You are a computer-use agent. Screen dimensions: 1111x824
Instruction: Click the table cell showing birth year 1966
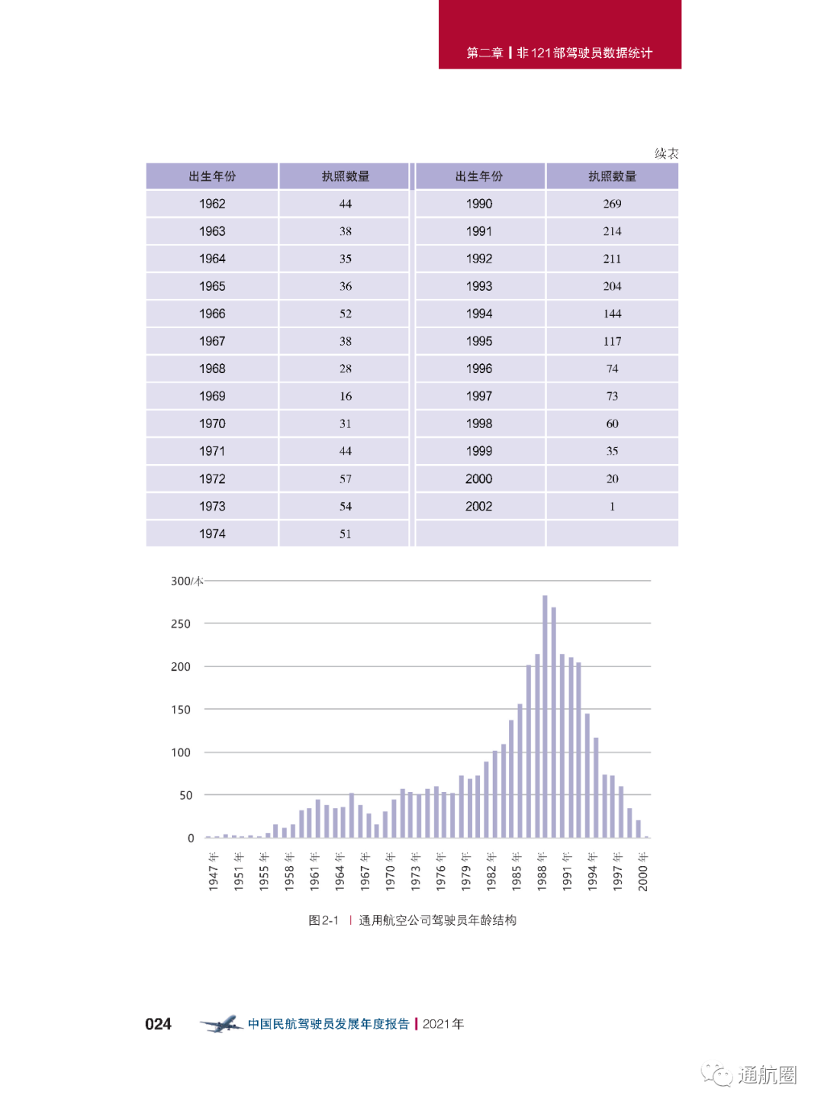click(212, 314)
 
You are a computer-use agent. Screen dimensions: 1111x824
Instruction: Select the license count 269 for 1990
click(612, 204)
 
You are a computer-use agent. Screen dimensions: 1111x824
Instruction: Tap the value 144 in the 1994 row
click(612, 314)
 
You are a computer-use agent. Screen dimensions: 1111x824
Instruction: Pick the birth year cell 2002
click(479, 506)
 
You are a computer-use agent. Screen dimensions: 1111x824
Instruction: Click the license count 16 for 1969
click(346, 396)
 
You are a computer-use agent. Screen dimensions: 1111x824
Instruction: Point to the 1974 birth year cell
click(212, 533)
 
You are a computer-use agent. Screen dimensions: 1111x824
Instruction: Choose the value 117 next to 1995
click(612, 341)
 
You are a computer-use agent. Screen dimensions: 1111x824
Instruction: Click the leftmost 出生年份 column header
click(212, 176)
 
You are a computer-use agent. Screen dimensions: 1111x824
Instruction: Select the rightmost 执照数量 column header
click(612, 176)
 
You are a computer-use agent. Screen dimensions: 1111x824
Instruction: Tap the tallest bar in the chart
click(545, 716)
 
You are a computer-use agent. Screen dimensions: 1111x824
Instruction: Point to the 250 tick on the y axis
click(181, 623)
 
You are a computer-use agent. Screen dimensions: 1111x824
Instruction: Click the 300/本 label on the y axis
click(186, 581)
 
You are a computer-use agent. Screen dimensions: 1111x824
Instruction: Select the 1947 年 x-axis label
click(214, 871)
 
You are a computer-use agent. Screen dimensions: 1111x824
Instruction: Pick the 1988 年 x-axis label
click(542, 871)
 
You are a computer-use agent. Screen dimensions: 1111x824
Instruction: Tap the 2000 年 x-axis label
click(643, 871)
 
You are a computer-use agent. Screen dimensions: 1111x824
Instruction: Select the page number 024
click(158, 1024)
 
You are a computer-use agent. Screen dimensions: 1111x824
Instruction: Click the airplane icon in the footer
click(221, 1024)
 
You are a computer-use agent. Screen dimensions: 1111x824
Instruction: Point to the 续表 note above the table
click(666, 153)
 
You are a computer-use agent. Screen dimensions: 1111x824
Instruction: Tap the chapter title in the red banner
click(559, 53)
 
